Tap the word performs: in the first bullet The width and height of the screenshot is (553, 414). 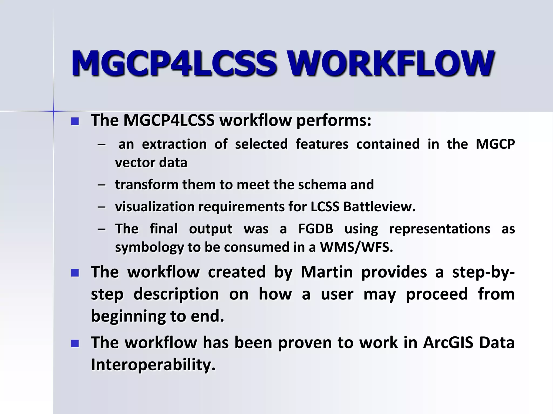coord(334,120)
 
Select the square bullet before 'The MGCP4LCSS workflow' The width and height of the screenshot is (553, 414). coord(75,121)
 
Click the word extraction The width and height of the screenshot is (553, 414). coord(174,144)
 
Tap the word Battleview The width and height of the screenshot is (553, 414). coord(379,207)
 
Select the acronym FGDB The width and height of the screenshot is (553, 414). coord(316,229)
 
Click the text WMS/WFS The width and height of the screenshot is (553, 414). coord(356,247)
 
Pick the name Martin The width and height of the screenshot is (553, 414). coord(327,272)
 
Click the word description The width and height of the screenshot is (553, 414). coord(176,294)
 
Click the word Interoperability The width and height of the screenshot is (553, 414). coord(153,365)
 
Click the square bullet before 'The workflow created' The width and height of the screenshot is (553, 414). coord(75,273)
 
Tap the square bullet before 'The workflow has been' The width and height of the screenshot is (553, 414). coord(75,344)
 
